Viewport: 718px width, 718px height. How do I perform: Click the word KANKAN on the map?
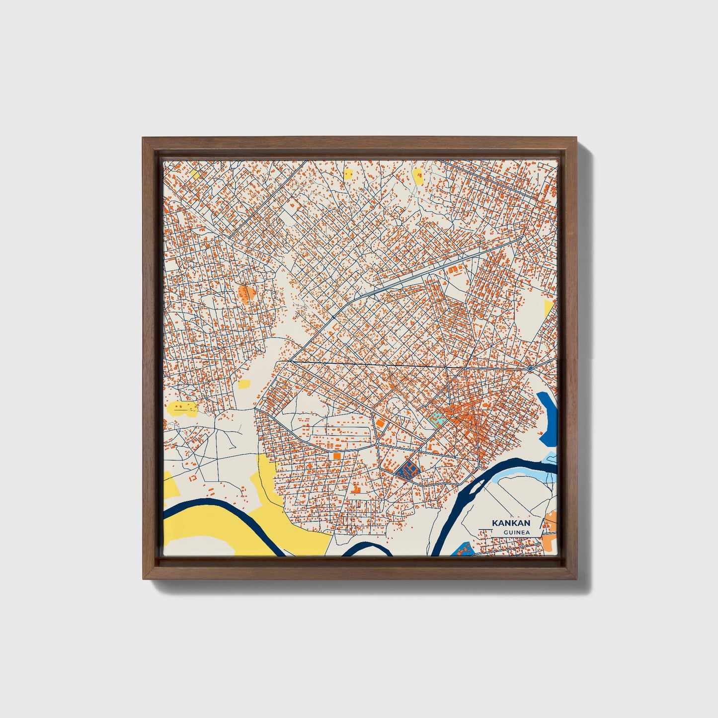click(511, 523)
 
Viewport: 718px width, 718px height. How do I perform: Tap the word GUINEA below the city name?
click(515, 533)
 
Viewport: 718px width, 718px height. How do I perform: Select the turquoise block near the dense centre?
click(436, 418)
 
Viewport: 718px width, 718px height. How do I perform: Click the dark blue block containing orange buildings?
click(408, 469)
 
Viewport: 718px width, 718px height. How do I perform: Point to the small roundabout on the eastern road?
click(531, 368)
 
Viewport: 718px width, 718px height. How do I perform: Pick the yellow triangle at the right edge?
click(548, 308)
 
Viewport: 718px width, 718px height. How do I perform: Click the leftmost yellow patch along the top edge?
click(195, 174)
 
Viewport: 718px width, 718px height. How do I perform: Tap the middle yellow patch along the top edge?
click(348, 174)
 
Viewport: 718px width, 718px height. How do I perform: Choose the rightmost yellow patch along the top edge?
click(417, 174)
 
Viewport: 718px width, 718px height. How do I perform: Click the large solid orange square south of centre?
click(337, 455)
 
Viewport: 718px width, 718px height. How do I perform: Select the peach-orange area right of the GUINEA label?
click(551, 527)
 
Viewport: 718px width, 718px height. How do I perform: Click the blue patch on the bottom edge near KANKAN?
click(463, 549)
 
